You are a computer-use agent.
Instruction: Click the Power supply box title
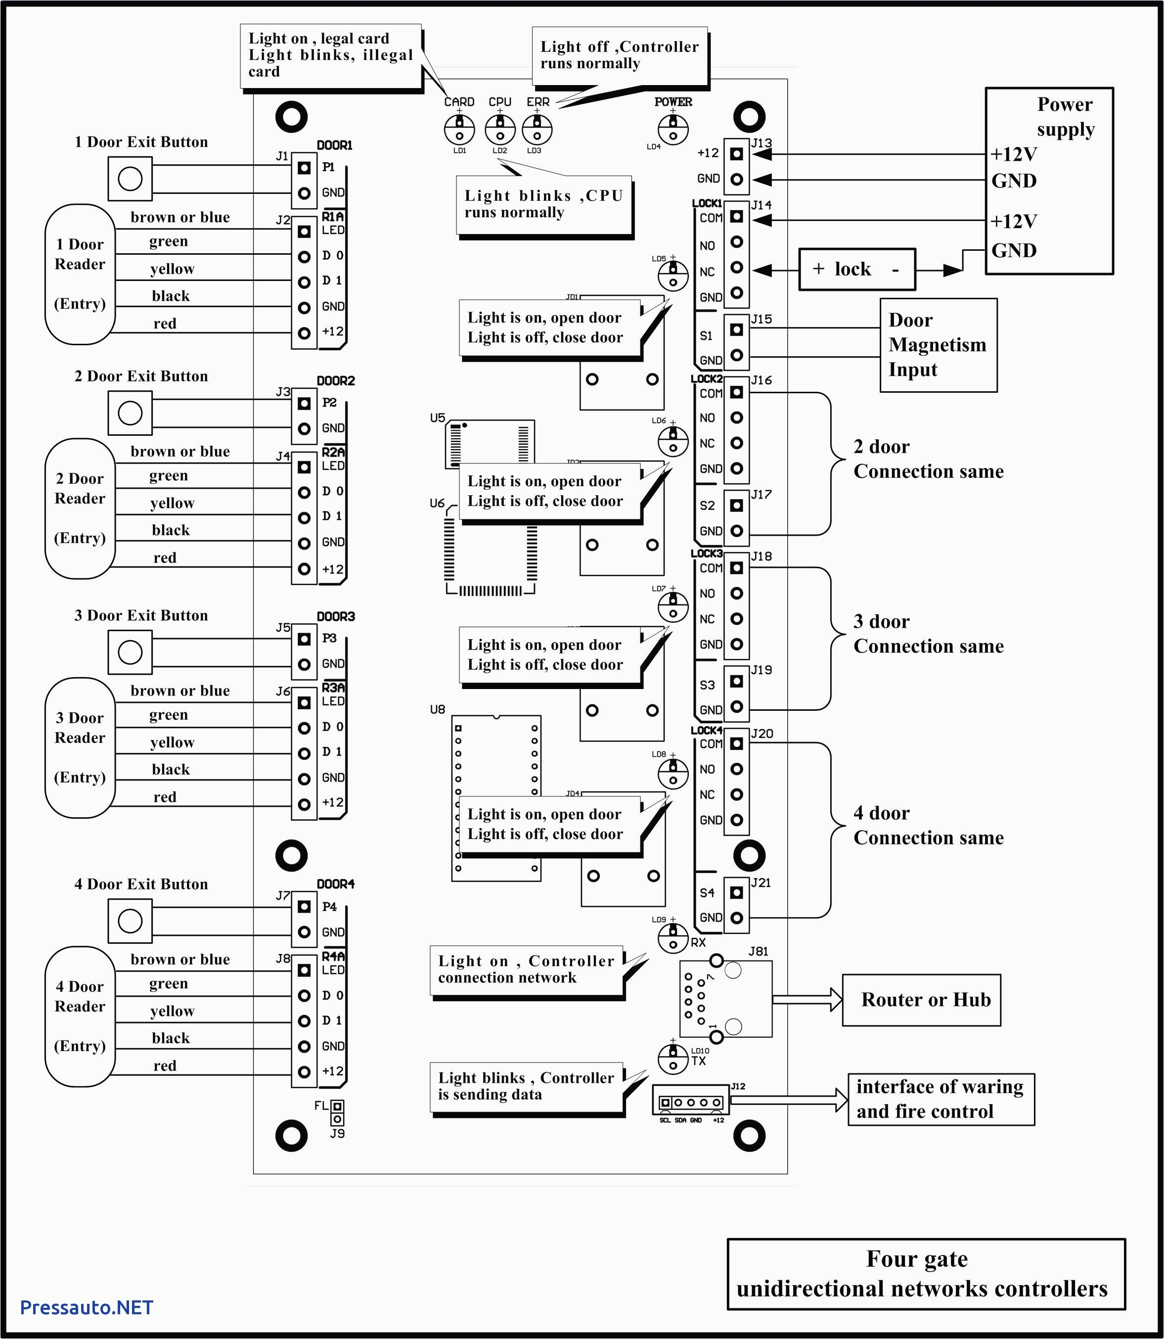tap(1065, 116)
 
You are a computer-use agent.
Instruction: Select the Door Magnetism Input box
tap(938, 345)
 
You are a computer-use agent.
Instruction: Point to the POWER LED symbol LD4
tap(673, 129)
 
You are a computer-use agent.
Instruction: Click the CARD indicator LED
tap(459, 129)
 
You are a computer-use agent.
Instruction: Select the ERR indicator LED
tap(537, 129)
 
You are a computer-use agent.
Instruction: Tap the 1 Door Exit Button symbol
tap(130, 179)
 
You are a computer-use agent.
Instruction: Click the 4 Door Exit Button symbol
tap(130, 921)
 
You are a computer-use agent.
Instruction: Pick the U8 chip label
tap(437, 709)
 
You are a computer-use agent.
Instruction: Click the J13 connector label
tap(761, 143)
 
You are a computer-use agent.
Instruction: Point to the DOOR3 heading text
tap(336, 616)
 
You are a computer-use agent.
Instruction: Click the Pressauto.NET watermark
tap(87, 1307)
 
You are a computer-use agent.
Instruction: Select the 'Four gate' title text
tap(917, 1258)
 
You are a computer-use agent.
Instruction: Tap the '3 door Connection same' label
tap(928, 634)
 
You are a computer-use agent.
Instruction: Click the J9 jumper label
tap(337, 1133)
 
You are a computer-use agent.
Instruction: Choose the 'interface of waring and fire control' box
tap(940, 1099)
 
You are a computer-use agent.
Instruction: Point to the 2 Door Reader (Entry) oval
tap(80, 508)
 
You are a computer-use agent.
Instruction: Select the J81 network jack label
tap(758, 951)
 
